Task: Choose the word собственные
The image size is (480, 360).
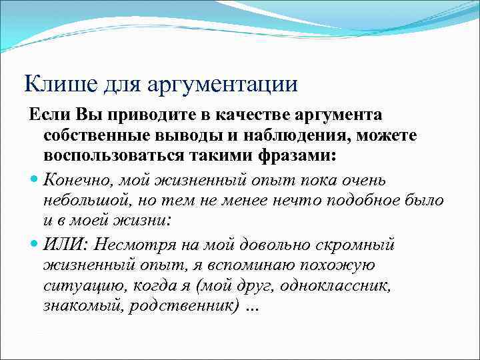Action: pyautogui.click(x=98, y=137)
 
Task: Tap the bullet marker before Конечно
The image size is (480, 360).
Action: pyautogui.click(x=34, y=181)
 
